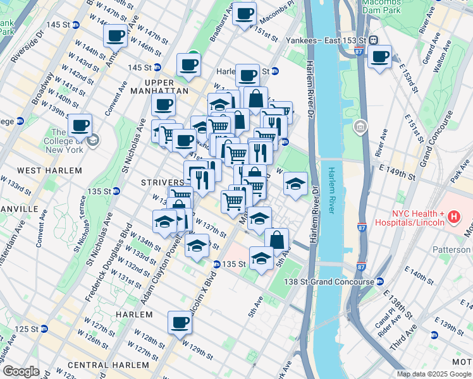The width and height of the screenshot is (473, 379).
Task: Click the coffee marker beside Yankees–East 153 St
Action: [379, 57]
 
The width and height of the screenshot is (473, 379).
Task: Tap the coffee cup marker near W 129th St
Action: [180, 323]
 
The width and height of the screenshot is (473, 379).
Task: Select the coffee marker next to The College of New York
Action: [80, 125]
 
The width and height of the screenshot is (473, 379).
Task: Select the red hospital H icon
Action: [453, 218]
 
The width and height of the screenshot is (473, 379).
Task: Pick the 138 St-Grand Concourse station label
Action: [328, 281]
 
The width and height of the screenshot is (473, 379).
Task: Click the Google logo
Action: [21, 371]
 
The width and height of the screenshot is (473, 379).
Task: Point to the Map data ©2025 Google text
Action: [433, 374]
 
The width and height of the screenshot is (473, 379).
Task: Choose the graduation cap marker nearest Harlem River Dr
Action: [295, 184]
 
